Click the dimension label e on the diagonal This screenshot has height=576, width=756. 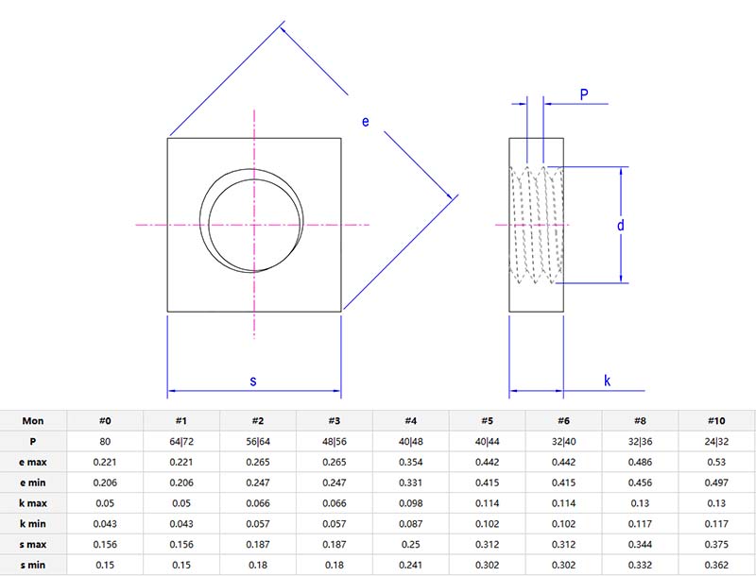click(366, 121)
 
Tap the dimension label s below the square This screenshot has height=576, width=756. click(252, 381)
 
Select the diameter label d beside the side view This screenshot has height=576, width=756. click(620, 225)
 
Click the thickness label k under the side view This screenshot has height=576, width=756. click(607, 381)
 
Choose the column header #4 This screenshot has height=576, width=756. click(410, 420)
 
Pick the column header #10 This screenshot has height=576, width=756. click(715, 420)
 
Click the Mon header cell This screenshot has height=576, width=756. click(33, 420)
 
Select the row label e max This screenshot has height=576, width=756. click(33, 462)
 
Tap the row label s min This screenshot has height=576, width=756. click(33, 565)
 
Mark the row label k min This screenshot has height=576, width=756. click(33, 523)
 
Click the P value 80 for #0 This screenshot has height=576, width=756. click(105, 441)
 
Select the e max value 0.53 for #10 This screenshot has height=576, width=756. click(715, 462)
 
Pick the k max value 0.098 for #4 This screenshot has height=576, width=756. click(410, 503)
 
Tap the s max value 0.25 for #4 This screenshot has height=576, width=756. click(410, 544)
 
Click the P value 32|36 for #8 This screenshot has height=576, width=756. click(640, 441)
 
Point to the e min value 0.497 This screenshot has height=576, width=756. click(715, 483)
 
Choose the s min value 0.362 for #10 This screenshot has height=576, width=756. click(715, 565)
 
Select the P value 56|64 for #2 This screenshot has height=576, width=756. click(258, 441)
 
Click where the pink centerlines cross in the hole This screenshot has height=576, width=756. click(253, 225)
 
